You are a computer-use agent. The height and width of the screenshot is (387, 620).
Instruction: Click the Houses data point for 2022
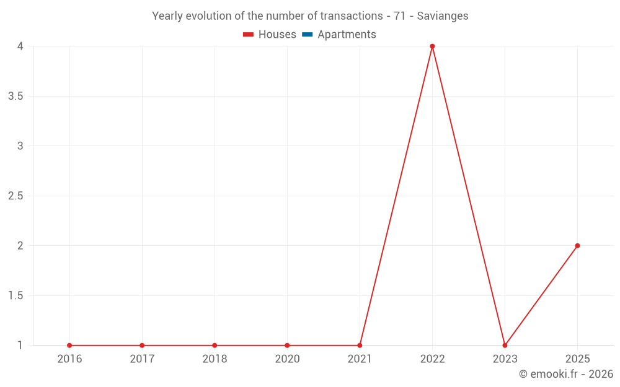432,46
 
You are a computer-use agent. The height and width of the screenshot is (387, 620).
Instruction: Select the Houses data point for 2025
577,246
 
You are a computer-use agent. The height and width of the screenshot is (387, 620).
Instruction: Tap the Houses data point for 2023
505,346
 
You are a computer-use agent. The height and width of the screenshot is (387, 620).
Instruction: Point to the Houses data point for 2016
69,346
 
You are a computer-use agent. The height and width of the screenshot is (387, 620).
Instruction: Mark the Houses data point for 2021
360,346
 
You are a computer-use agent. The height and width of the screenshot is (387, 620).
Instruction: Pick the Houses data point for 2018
215,346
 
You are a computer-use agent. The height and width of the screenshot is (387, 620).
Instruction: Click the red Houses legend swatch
248,35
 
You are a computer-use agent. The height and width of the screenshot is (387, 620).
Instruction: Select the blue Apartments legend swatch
307,35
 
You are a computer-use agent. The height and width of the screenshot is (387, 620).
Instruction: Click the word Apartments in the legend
347,35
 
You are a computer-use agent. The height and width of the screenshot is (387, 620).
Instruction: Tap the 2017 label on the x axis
142,359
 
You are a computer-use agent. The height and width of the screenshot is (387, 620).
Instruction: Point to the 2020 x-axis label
287,359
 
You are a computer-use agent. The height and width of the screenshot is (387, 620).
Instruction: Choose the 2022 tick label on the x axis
432,359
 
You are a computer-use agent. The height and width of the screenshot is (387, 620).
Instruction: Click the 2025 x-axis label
577,359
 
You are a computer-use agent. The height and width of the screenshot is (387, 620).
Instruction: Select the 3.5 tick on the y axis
15,97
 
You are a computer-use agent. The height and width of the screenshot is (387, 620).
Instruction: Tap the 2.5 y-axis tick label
15,196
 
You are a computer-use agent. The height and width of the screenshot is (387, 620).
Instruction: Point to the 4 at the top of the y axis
20,46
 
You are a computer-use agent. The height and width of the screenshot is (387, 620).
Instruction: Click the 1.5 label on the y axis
15,296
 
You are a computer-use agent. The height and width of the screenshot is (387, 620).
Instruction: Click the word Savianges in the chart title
443,16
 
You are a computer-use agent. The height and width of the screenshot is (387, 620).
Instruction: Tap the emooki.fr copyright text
566,374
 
